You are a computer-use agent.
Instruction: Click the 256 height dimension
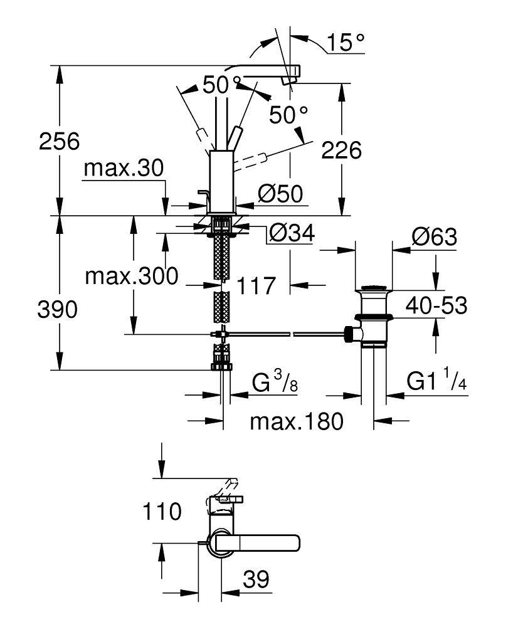(60, 142)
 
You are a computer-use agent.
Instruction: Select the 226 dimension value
(341, 150)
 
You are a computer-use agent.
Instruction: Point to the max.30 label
(124, 168)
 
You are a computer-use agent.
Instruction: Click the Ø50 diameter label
(280, 195)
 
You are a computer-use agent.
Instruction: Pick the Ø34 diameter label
(291, 234)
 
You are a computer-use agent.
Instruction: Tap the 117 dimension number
(256, 286)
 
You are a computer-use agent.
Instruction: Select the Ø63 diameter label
(433, 238)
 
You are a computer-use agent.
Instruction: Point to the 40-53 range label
(436, 306)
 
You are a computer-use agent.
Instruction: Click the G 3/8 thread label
(275, 382)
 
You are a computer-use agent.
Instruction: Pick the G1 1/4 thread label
(438, 381)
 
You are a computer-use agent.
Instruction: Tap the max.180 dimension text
(297, 421)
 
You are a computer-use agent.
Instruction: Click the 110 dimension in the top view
(161, 511)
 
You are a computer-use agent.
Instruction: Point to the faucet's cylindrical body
(221, 182)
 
